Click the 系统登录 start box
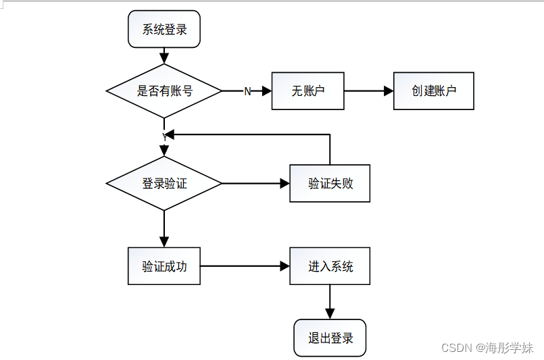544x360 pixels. click(x=164, y=29)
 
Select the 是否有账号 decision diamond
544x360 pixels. click(x=164, y=91)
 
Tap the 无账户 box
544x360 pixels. click(x=308, y=91)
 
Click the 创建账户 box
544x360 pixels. click(x=434, y=91)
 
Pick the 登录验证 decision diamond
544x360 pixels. click(x=164, y=183)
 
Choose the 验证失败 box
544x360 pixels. click(x=330, y=183)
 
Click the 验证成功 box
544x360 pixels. click(x=164, y=266)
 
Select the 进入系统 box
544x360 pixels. click(x=330, y=266)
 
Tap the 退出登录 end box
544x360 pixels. click(x=330, y=338)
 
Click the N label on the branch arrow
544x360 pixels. click(x=247, y=91)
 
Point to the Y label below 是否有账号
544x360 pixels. click(x=164, y=136)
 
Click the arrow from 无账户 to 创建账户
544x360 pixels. click(x=368, y=91)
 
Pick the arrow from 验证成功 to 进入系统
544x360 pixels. click(x=244, y=266)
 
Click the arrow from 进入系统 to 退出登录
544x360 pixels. click(x=330, y=301)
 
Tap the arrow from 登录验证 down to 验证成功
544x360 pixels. click(x=164, y=228)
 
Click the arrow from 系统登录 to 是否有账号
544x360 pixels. click(x=164, y=56)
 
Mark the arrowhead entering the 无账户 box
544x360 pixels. click(x=266, y=91)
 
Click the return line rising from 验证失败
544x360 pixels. click(x=330, y=149)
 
